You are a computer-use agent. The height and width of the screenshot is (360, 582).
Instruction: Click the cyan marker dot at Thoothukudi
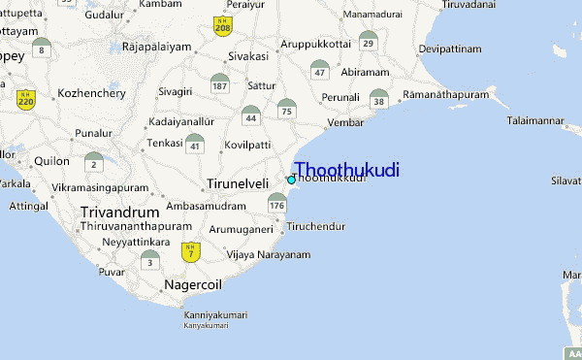(291, 180)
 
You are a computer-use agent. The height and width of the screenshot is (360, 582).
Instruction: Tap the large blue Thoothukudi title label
(346, 170)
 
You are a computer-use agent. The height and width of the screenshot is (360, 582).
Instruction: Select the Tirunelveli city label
(238, 183)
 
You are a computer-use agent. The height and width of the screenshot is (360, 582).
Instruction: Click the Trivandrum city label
(120, 212)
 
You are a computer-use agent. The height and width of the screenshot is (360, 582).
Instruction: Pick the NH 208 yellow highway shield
(222, 26)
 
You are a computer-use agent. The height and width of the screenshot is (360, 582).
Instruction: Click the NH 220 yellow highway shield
(26, 98)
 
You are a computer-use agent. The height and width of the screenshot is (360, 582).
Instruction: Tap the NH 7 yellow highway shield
(191, 251)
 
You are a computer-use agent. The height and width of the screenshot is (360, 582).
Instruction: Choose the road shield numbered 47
(320, 70)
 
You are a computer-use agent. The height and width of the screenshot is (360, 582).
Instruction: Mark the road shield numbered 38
(379, 98)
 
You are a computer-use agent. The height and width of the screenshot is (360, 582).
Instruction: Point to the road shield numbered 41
(195, 144)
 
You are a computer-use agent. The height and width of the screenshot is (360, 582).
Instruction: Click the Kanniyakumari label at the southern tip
(215, 315)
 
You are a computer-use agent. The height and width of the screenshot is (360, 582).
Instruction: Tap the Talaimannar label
(534, 120)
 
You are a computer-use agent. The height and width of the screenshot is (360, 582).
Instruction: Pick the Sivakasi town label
(248, 56)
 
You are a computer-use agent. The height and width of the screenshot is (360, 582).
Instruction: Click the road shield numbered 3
(149, 260)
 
